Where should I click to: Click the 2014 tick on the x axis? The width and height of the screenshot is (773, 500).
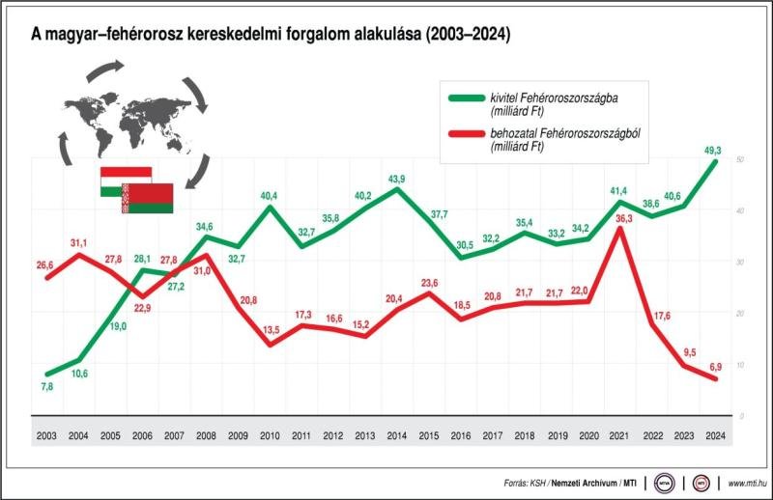point(397,435)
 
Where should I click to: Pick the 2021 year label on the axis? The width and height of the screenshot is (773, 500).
point(619,435)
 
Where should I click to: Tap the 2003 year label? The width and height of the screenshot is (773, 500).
point(46,435)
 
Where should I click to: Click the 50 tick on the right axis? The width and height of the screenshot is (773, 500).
point(739,159)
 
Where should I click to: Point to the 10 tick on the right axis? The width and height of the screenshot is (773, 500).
point(739,364)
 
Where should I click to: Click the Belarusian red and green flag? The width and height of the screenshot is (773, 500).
point(147,199)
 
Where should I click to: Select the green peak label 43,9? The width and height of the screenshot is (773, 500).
point(397,178)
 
